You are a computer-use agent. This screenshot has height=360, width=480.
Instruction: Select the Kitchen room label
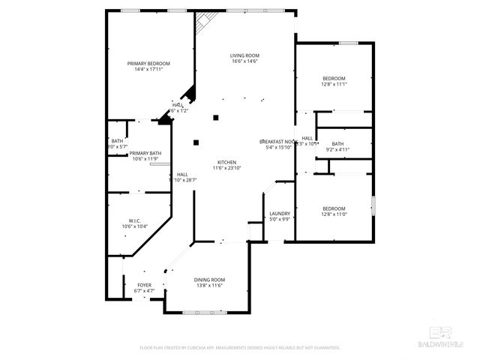click(227, 163)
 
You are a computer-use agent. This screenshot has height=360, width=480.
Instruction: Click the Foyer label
click(144, 285)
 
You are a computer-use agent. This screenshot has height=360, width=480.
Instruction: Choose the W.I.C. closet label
click(134, 220)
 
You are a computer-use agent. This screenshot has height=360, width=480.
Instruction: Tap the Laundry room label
click(280, 214)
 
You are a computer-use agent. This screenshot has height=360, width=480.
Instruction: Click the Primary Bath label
click(145, 153)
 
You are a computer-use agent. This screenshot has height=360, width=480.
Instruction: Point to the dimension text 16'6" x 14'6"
click(244, 61)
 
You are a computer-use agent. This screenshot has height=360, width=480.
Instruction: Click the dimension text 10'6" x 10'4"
click(134, 226)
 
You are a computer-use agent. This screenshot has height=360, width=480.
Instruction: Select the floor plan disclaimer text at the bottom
click(240, 348)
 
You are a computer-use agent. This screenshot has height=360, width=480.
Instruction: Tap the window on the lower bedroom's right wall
click(373, 205)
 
